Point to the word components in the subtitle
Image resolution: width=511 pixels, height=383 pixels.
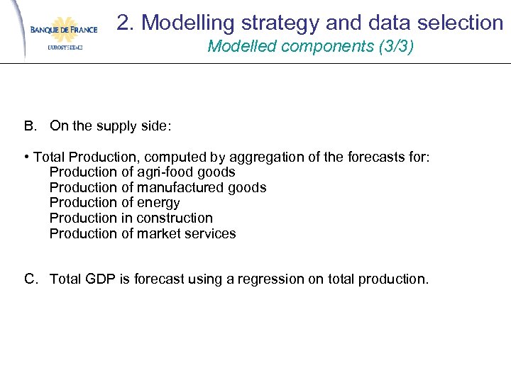(x=335, y=48)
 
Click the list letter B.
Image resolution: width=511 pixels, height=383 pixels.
(x=29, y=126)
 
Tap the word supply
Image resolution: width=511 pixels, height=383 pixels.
(x=116, y=127)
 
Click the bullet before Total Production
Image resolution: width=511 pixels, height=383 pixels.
(x=26, y=157)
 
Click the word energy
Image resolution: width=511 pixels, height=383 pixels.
(x=158, y=204)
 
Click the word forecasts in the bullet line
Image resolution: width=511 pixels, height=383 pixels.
(x=373, y=157)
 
